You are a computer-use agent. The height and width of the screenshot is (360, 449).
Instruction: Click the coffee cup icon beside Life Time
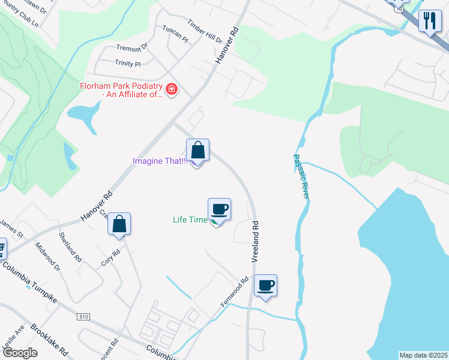point(219,209)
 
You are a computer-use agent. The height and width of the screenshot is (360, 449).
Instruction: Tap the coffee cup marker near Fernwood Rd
point(265,286)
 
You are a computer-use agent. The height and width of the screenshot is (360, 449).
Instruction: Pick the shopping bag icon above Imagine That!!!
point(197,150)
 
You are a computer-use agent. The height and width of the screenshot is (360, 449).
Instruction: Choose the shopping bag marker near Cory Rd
point(119,224)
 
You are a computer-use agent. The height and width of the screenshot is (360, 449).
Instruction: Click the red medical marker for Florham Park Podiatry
point(172,89)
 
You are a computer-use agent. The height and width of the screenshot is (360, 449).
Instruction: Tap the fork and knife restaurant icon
point(430,22)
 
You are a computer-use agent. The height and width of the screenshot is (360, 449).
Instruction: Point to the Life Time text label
point(190,220)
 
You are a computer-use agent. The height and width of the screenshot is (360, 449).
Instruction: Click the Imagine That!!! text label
point(160,161)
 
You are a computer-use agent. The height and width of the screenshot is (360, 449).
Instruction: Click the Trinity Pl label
point(127,63)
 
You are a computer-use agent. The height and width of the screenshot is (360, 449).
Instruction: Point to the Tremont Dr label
point(131,48)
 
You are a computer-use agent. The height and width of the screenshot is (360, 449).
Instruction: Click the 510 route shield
point(83,316)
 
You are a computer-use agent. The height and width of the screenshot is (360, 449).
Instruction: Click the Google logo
point(20,353)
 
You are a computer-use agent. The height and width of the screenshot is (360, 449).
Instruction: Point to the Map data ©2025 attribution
point(423,355)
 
